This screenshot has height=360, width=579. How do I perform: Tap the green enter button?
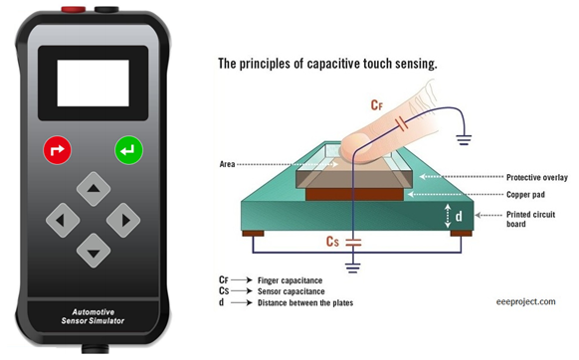(128, 151)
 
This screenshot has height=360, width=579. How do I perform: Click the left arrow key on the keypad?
(62, 217)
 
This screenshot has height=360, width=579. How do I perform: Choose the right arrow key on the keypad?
(123, 217)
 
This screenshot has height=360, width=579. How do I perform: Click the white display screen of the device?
(92, 83)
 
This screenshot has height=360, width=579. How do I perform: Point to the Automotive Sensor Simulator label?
(93, 316)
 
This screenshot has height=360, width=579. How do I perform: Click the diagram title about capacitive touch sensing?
(328, 64)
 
